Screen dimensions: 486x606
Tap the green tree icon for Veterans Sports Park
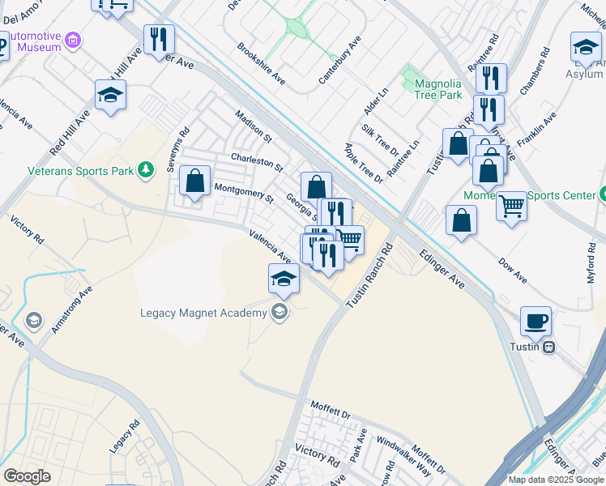pyautogui.click(x=145, y=169)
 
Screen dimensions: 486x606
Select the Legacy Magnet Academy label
pyautogui.click(x=203, y=313)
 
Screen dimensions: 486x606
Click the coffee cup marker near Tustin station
pyautogui.click(x=536, y=321)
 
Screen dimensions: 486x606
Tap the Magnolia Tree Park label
pyautogui.click(x=438, y=89)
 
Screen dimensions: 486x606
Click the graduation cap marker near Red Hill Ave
pyautogui.click(x=110, y=95)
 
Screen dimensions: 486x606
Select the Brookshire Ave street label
pyautogui.click(x=261, y=63)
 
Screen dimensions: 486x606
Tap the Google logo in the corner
pyautogui.click(x=27, y=475)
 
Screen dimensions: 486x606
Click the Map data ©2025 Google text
pyautogui.click(x=556, y=480)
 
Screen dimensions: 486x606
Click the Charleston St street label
pyautogui.click(x=256, y=161)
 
